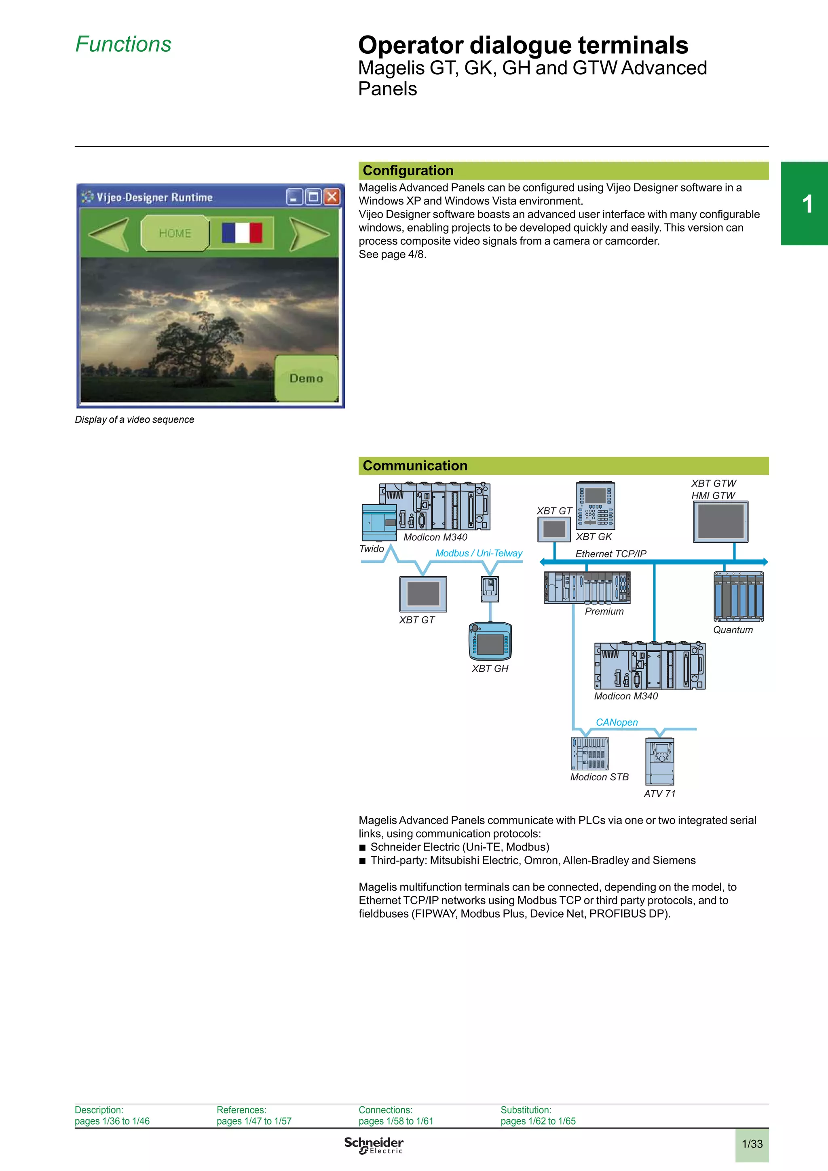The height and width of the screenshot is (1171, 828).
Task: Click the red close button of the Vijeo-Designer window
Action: click(332, 197)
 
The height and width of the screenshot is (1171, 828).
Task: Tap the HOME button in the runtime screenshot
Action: click(175, 233)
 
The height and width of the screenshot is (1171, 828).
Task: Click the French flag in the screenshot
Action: click(242, 233)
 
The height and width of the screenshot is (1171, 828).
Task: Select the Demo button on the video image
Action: click(306, 379)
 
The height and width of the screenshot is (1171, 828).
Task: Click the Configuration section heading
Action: click(408, 171)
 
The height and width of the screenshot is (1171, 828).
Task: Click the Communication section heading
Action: click(415, 465)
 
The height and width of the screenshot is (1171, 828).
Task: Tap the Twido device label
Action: click(372, 549)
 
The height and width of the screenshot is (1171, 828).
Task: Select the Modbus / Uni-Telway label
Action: click(479, 553)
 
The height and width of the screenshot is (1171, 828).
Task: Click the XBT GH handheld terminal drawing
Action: click(490, 641)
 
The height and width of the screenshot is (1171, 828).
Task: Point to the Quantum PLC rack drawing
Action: click(738, 597)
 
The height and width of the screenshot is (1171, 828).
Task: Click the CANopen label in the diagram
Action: click(616, 722)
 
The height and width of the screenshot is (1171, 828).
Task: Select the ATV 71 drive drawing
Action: click(660, 761)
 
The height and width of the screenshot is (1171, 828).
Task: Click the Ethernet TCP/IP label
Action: click(610, 554)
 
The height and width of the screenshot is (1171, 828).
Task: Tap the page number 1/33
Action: click(752, 1144)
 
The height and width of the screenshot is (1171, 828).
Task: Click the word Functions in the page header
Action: click(123, 44)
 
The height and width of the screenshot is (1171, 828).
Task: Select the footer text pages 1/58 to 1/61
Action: click(395, 1121)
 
